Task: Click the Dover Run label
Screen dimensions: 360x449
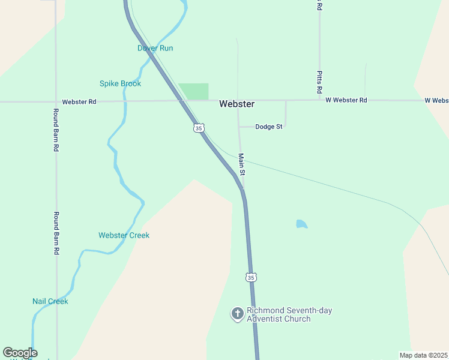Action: (x=155, y=48)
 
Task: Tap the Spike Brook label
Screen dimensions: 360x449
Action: (x=120, y=83)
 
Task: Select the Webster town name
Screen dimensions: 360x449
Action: (x=237, y=104)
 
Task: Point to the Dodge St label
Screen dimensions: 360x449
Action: (x=268, y=127)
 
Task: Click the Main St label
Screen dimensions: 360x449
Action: (x=241, y=164)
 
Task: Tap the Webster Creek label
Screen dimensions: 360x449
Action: (x=124, y=235)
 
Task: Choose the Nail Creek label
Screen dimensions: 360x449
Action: (x=50, y=301)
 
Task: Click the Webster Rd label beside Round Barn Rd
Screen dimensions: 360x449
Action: (x=79, y=101)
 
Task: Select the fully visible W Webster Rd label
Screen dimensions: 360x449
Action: (x=346, y=100)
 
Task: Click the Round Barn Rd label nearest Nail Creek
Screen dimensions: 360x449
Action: (x=56, y=233)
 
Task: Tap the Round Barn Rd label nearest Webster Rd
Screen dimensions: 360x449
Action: (x=56, y=130)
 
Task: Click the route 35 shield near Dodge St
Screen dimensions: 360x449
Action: (x=199, y=127)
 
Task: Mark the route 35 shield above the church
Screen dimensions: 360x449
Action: (x=250, y=277)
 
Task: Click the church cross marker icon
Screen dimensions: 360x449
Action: (x=237, y=313)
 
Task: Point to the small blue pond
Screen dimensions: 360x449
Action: (x=301, y=224)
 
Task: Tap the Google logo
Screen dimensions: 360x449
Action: (x=20, y=353)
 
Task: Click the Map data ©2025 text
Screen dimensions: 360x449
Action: (x=423, y=355)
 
